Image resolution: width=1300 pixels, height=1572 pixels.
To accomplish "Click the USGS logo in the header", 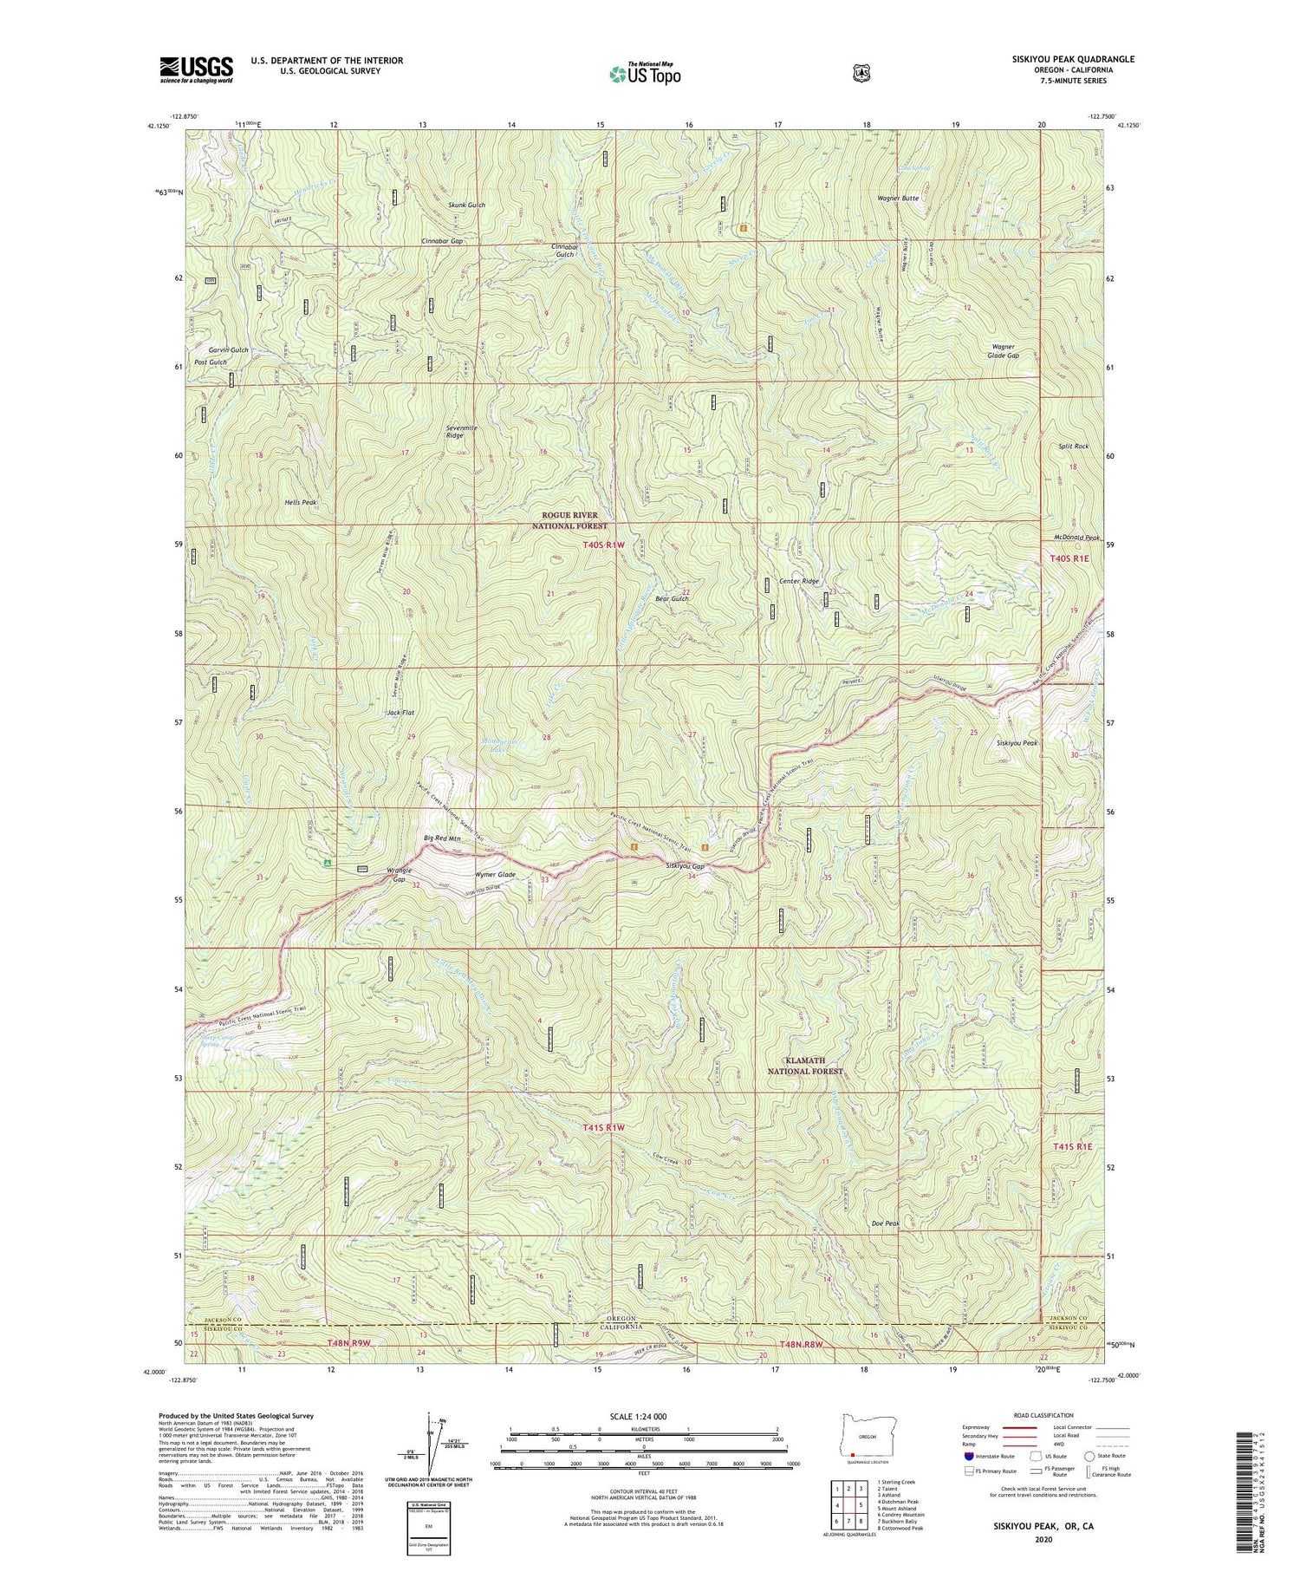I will [x=196, y=69].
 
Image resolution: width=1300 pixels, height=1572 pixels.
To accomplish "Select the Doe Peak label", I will [x=886, y=1223].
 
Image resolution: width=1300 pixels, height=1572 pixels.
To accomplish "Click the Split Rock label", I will [x=1073, y=446].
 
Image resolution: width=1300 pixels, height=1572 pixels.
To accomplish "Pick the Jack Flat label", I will [x=400, y=713].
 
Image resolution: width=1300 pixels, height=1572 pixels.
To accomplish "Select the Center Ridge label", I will [x=799, y=581].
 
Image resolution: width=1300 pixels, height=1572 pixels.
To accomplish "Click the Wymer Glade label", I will [x=496, y=875].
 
